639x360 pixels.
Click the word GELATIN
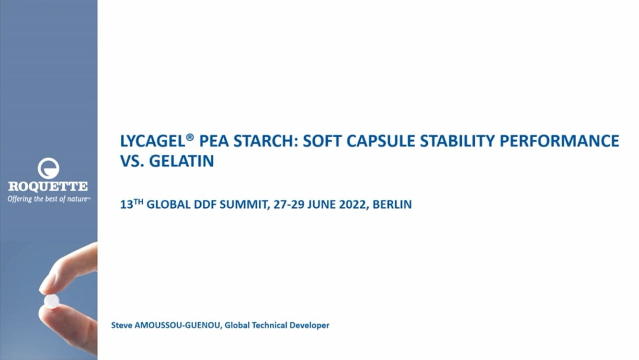click(182, 161)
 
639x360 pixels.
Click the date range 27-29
click(291, 205)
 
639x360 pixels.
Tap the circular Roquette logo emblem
click(48, 168)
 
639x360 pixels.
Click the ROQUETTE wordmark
click(48, 186)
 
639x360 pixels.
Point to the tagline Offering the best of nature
click(49, 199)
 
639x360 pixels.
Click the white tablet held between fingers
click(51, 301)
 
